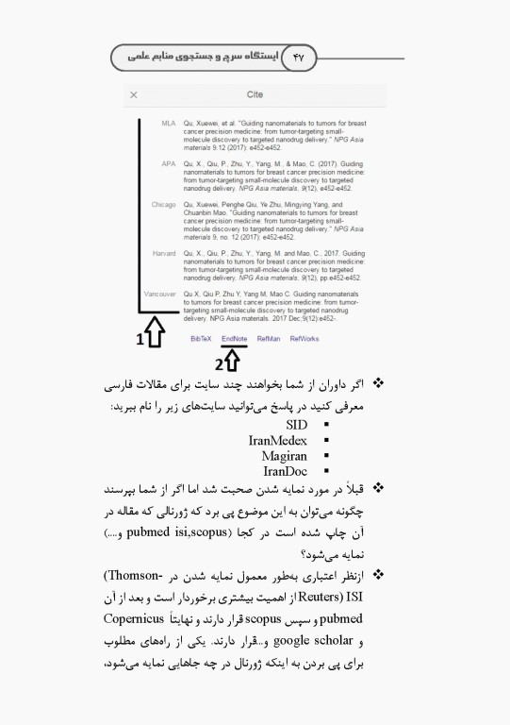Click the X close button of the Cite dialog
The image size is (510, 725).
(x=134, y=95)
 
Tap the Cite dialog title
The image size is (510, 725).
(x=255, y=95)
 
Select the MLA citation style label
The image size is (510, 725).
(x=168, y=124)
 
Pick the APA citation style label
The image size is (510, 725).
(x=169, y=164)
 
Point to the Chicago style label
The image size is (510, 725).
(x=163, y=204)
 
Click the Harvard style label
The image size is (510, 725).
(x=164, y=254)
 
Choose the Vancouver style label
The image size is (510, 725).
(x=160, y=295)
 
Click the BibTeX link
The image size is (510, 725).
(x=201, y=338)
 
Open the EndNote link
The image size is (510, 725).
(x=234, y=338)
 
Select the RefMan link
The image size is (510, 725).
(x=269, y=338)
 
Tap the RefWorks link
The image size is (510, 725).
(x=304, y=338)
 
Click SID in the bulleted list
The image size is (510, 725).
(x=297, y=425)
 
